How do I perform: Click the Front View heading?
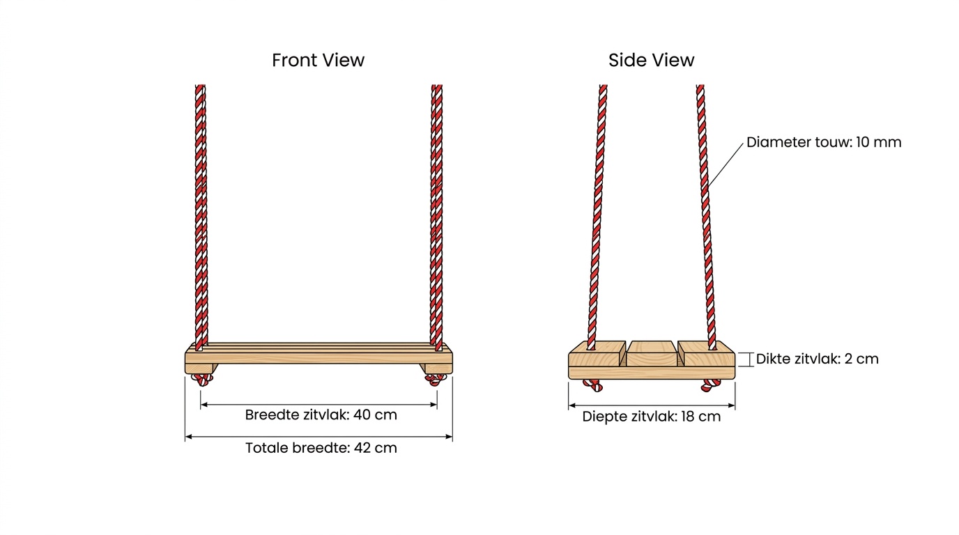coord(318,61)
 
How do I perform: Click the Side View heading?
coord(651,61)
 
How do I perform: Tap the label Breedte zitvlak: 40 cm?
coord(321,414)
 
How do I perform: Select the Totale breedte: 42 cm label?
coord(321,448)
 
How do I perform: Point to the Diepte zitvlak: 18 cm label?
coord(651,417)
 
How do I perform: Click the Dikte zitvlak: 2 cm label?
coord(818,359)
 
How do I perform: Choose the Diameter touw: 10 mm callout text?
coord(824,142)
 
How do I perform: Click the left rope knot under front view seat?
coord(202,379)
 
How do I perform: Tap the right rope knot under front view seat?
coord(435,380)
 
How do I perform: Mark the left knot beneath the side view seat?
coord(593,385)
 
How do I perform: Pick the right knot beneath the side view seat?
coord(711,385)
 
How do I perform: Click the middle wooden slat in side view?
coord(652,353)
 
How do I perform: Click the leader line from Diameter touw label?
coord(726,165)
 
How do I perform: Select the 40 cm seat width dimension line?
coord(319,405)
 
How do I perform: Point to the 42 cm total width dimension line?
coord(319,437)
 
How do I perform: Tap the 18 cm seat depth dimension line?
coord(652,405)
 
